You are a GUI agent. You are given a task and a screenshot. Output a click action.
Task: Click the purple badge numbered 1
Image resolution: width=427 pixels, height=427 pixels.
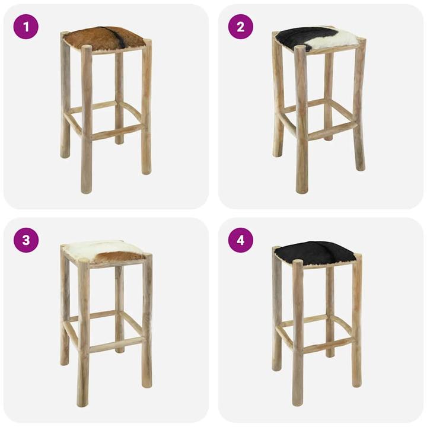26,27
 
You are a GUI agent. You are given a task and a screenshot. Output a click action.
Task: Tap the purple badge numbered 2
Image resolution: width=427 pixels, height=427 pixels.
241,27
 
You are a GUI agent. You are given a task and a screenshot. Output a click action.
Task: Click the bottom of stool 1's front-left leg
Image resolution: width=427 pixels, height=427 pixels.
87,189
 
